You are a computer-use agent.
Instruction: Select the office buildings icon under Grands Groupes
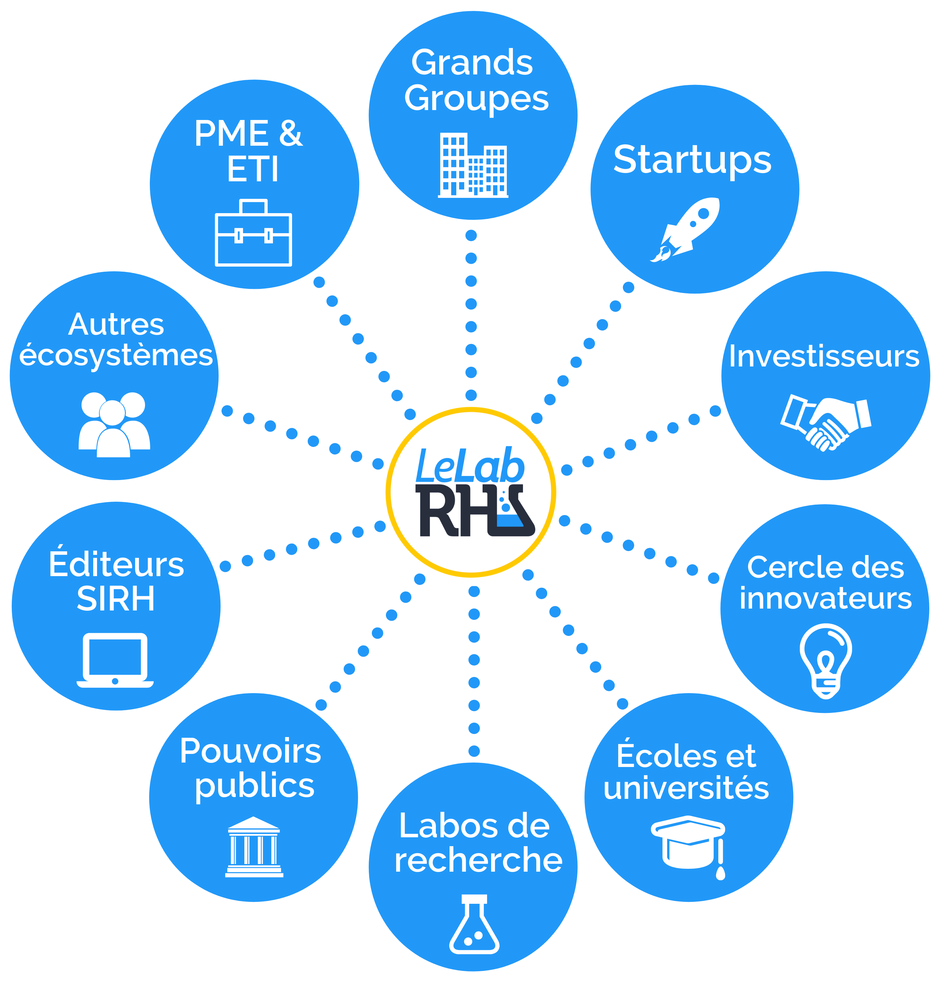(473, 165)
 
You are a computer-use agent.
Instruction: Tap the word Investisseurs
(824, 356)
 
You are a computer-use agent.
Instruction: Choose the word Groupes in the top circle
(477, 99)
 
